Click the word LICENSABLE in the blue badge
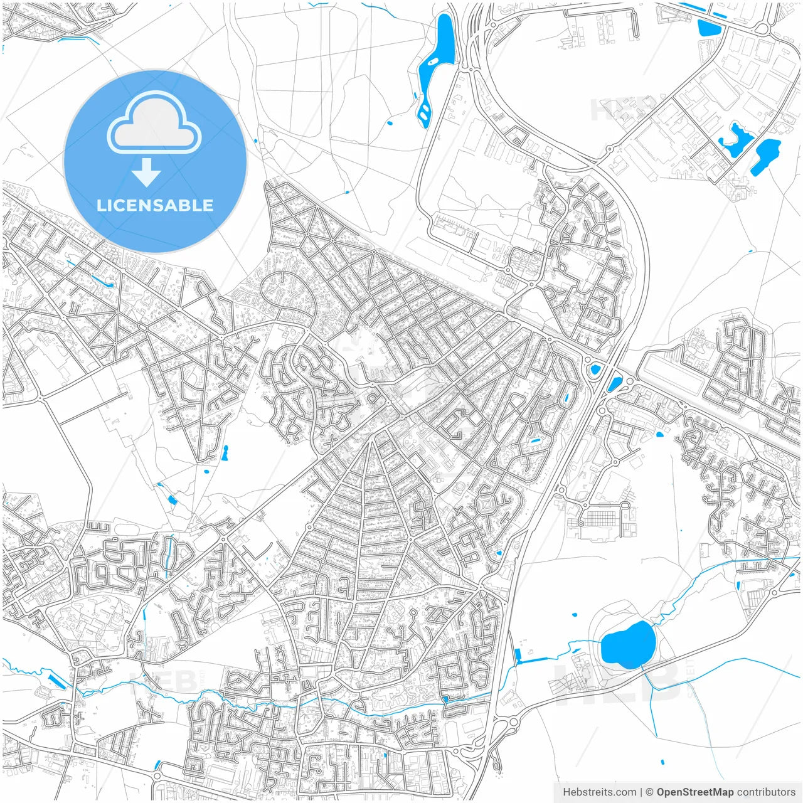155,205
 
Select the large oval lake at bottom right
627,645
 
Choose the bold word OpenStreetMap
695,792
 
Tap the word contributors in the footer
766,792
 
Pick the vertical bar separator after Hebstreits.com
641,792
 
